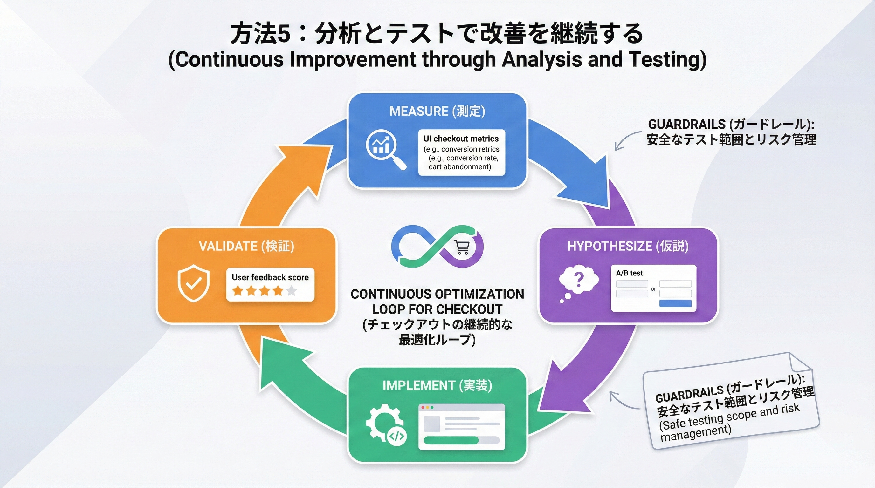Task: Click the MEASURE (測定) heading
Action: pyautogui.click(x=437, y=111)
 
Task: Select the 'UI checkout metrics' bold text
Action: pyautogui.click(x=461, y=139)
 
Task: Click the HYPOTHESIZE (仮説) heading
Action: pyautogui.click(x=628, y=246)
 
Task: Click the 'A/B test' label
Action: pyautogui.click(x=629, y=273)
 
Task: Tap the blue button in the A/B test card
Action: pyautogui.click(x=675, y=303)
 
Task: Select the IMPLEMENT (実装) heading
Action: pyautogui.click(x=437, y=385)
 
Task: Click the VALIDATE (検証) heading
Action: pyautogui.click(x=246, y=246)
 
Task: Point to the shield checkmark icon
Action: pyautogui.click(x=193, y=283)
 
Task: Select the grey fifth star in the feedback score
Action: pyautogui.click(x=292, y=291)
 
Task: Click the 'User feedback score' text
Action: pyautogui.click(x=270, y=277)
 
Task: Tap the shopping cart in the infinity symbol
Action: pyautogui.click(x=462, y=247)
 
